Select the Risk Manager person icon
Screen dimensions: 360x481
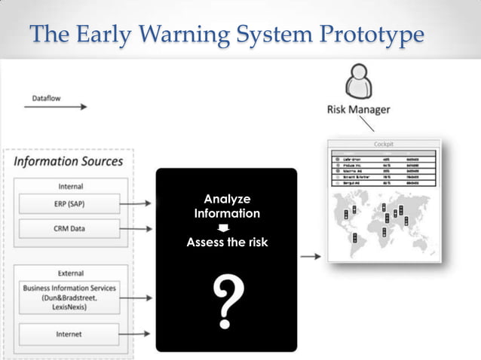pos(358,81)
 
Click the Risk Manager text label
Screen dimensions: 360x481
pos(358,110)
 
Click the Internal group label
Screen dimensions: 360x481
pos(70,185)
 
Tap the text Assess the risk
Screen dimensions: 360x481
pos(226,243)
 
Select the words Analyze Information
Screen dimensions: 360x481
pos(226,206)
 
